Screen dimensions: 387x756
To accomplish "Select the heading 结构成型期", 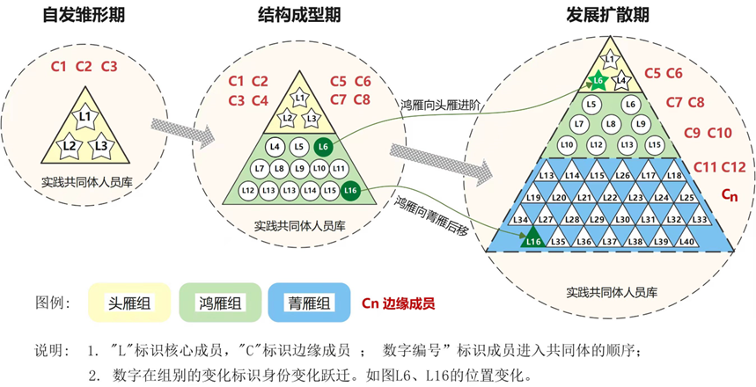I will tap(300, 15).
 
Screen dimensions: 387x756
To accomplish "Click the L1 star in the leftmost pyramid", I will tap(85, 117).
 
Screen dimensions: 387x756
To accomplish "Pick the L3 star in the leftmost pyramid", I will tap(101, 144).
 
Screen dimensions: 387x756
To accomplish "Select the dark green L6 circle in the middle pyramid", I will tap(323, 146).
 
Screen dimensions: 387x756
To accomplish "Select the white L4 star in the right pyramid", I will tap(620, 81).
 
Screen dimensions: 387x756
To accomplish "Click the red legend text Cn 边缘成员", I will tap(398, 303).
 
